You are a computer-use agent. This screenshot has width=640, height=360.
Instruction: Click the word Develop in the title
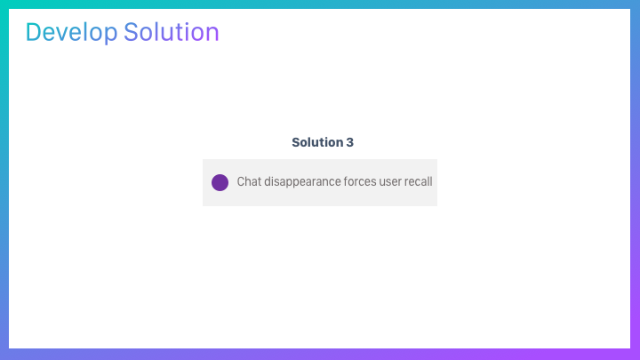click(71, 33)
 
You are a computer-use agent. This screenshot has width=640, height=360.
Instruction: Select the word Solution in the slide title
click(172, 32)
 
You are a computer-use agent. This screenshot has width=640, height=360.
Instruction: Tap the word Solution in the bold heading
click(317, 142)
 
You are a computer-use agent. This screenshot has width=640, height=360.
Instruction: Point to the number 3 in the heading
click(350, 142)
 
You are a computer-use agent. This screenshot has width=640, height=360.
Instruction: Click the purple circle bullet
click(220, 182)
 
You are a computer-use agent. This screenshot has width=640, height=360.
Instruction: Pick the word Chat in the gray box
click(249, 181)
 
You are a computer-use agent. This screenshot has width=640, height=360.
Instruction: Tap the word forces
click(360, 181)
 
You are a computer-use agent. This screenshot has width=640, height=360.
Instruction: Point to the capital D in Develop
click(34, 32)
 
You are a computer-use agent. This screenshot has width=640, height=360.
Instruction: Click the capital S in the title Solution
click(131, 32)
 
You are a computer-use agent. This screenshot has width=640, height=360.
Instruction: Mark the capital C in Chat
click(241, 181)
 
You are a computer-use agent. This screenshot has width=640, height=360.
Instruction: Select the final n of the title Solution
click(213, 35)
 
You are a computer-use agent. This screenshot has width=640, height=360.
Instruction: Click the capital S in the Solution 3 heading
click(295, 142)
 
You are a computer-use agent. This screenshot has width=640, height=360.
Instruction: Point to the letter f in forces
click(346, 181)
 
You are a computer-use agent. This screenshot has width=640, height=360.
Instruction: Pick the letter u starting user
click(382, 183)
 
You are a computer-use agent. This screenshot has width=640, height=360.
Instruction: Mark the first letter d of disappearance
click(267, 181)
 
